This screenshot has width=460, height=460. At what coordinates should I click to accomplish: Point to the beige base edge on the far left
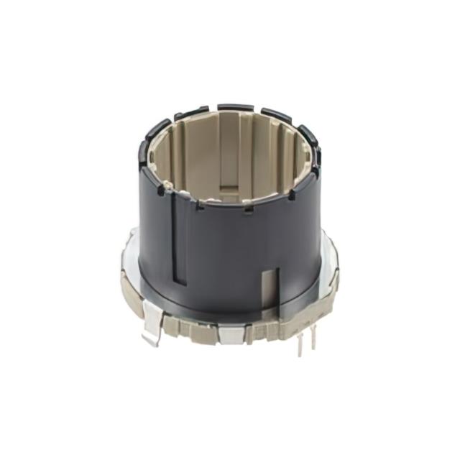[126, 291]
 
